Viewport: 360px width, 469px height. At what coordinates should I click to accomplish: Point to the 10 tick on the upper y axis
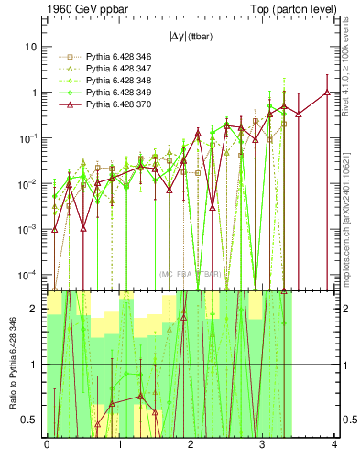click(35, 47)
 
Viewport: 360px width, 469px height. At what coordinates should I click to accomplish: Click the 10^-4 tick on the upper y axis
click(32, 275)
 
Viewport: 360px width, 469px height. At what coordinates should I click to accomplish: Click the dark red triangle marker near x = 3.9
click(327, 92)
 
